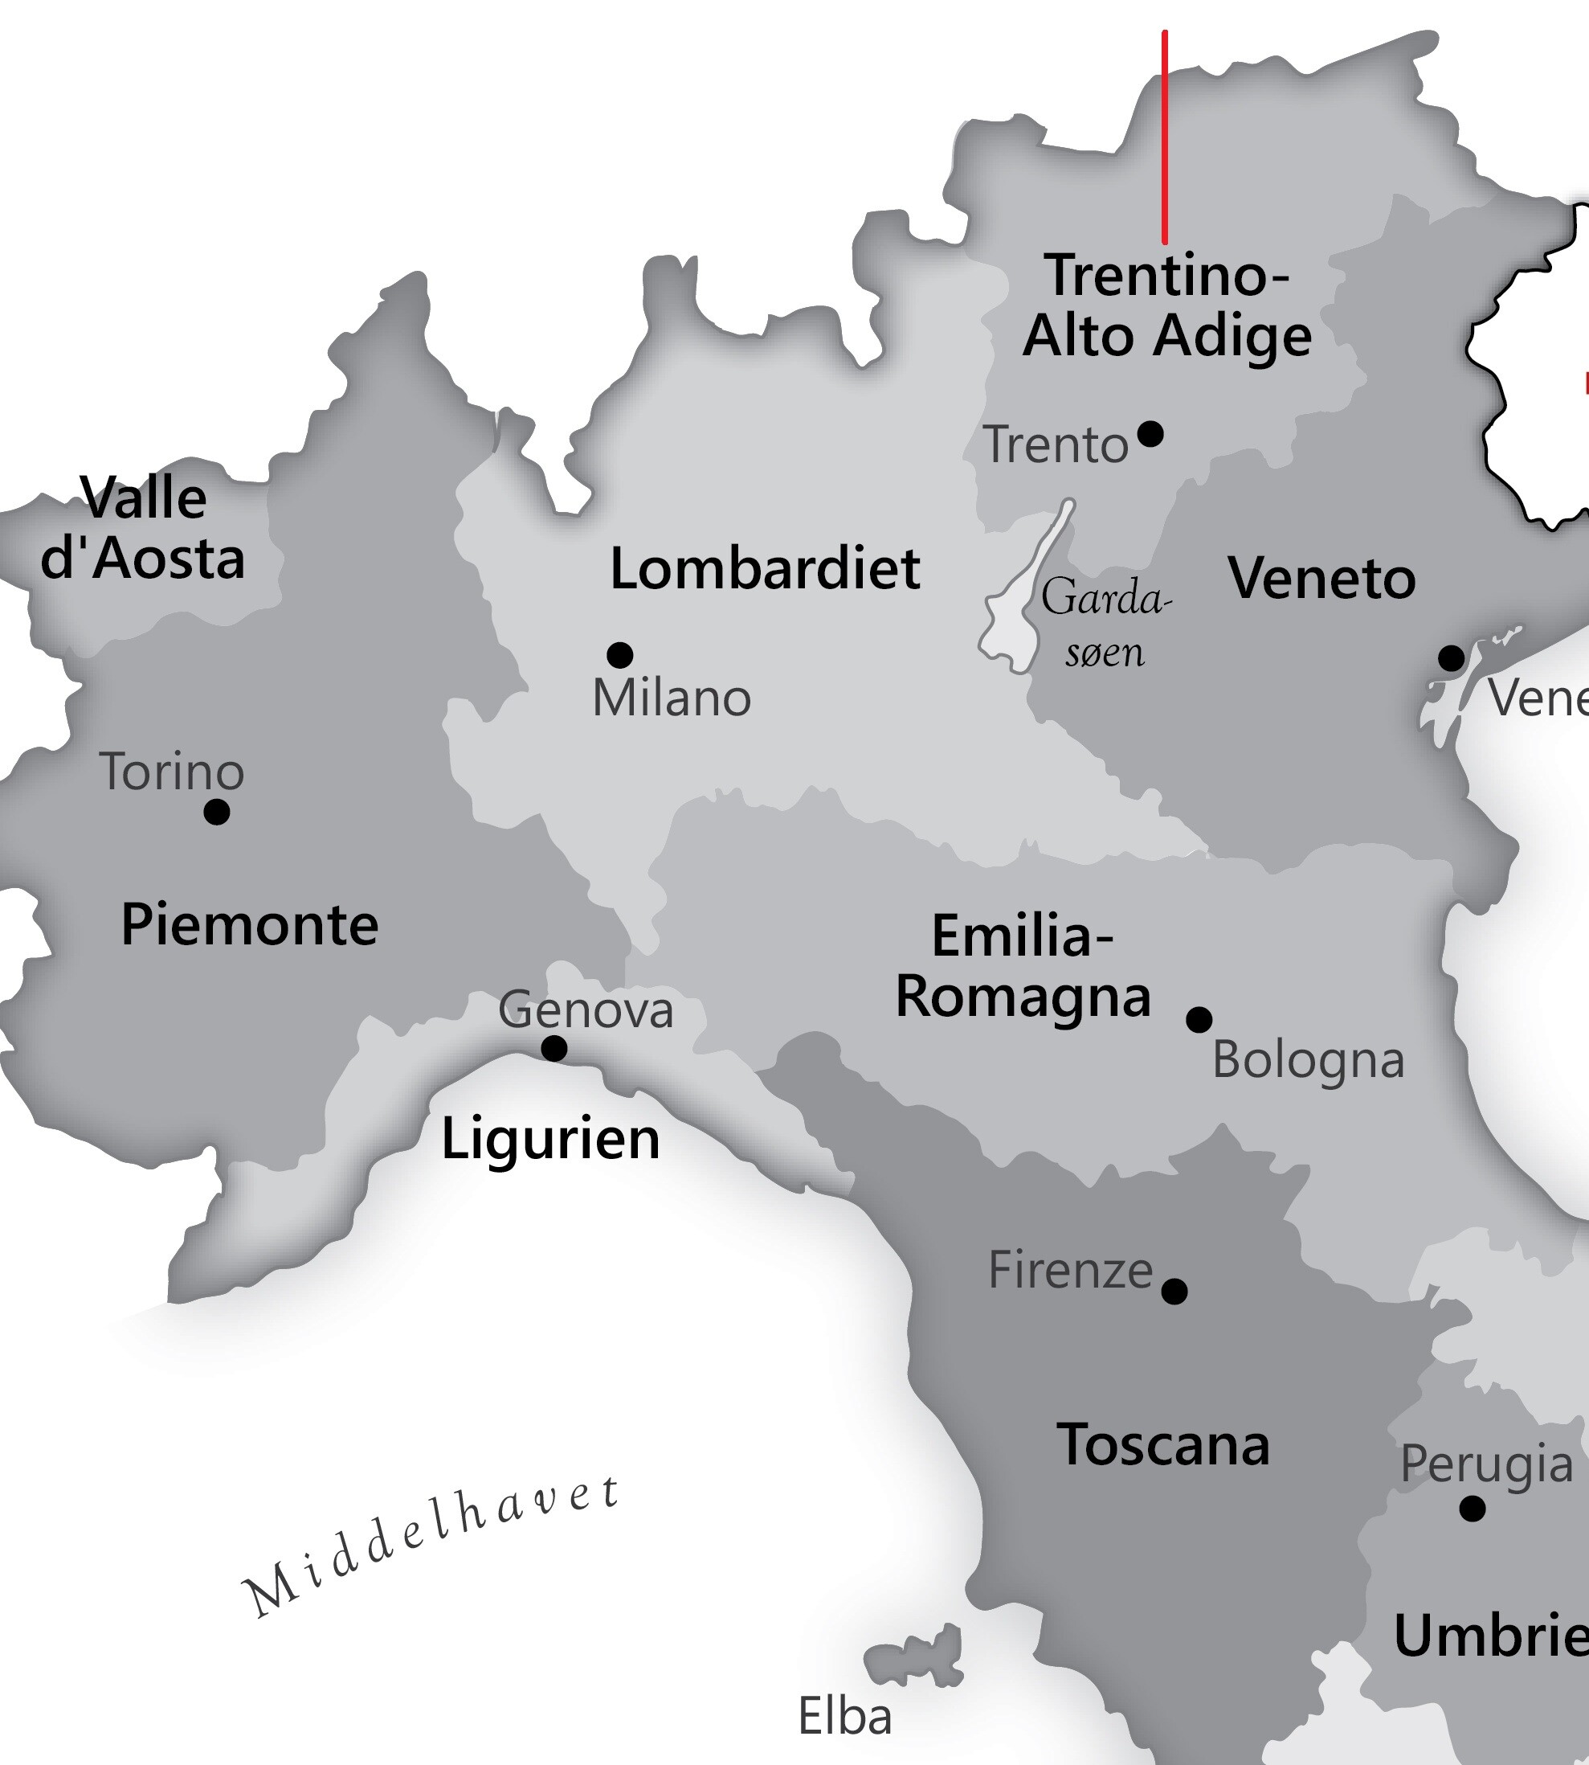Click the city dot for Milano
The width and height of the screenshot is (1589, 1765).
[620, 654]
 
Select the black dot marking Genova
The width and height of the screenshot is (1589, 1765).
[554, 1048]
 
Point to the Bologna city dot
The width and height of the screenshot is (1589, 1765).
[1199, 1019]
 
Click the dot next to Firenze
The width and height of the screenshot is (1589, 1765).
[1175, 1291]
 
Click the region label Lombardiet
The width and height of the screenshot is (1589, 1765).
[765, 568]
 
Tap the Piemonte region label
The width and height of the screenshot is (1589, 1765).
[250, 924]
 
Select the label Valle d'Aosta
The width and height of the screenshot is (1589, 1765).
[142, 528]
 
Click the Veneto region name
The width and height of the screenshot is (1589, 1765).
[1321, 578]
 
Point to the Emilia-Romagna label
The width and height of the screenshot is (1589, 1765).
[1023, 966]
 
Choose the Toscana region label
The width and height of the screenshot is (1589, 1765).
[1163, 1444]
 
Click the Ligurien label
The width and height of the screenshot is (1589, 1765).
[550, 1140]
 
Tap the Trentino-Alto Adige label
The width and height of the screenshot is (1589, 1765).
[1167, 305]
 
